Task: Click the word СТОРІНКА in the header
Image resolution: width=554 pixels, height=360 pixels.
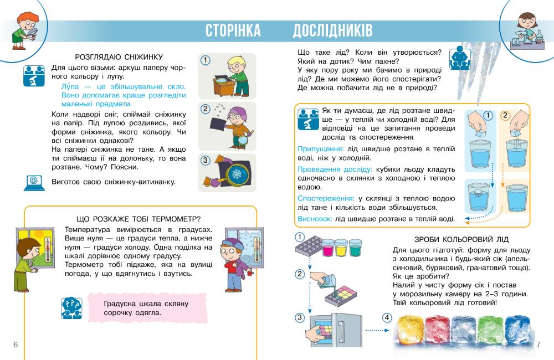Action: [233, 30]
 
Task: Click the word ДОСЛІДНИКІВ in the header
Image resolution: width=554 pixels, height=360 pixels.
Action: [333, 30]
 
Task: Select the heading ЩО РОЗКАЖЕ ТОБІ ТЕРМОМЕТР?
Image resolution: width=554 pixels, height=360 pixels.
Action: [138, 218]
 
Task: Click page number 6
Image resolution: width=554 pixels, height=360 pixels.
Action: [16, 344]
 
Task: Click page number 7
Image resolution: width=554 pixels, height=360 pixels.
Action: [538, 344]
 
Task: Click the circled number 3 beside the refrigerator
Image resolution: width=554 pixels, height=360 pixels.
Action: [300, 318]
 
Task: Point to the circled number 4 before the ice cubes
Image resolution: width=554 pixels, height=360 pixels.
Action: [387, 318]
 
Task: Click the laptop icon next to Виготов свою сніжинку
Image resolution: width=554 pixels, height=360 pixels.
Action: [33, 182]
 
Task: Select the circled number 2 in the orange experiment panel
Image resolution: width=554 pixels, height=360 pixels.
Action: [505, 116]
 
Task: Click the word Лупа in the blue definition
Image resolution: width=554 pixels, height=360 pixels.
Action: [70, 87]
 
